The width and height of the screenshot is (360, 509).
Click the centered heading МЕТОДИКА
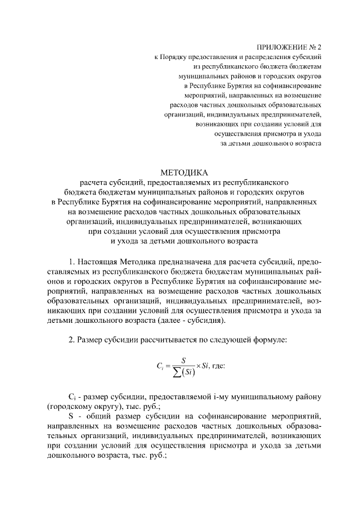pyautogui.click(x=184, y=172)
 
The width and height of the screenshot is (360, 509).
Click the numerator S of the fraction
pyautogui.click(x=183, y=359)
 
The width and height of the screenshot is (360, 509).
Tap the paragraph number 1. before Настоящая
pyautogui.click(x=71, y=262)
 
